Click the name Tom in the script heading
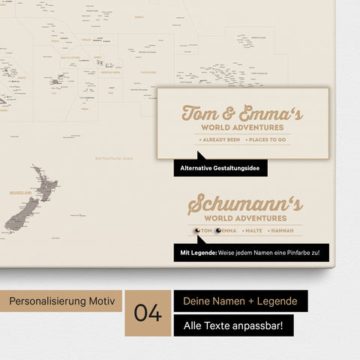tap(199, 112)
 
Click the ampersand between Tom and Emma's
tap(225, 113)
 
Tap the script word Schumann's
tap(244, 204)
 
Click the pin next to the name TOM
tap(196, 231)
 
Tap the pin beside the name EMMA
tap(218, 231)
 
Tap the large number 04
tap(148, 313)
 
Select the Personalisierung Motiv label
tap(61, 301)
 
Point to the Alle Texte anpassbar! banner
tap(233, 325)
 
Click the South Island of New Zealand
tap(21, 214)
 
